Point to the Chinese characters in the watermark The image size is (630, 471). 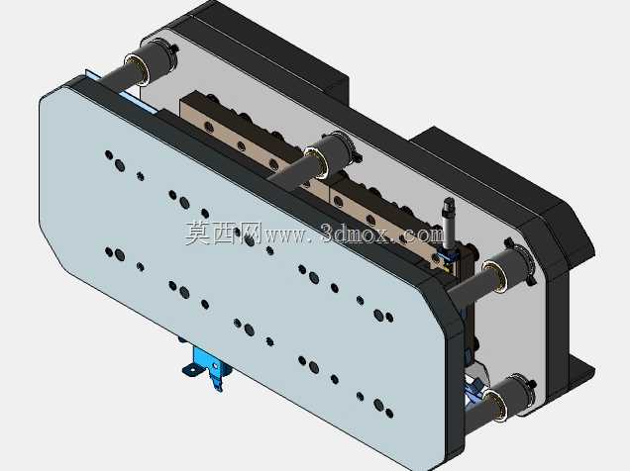click(x=224, y=234)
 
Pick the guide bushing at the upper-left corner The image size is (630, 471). click(x=152, y=63)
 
